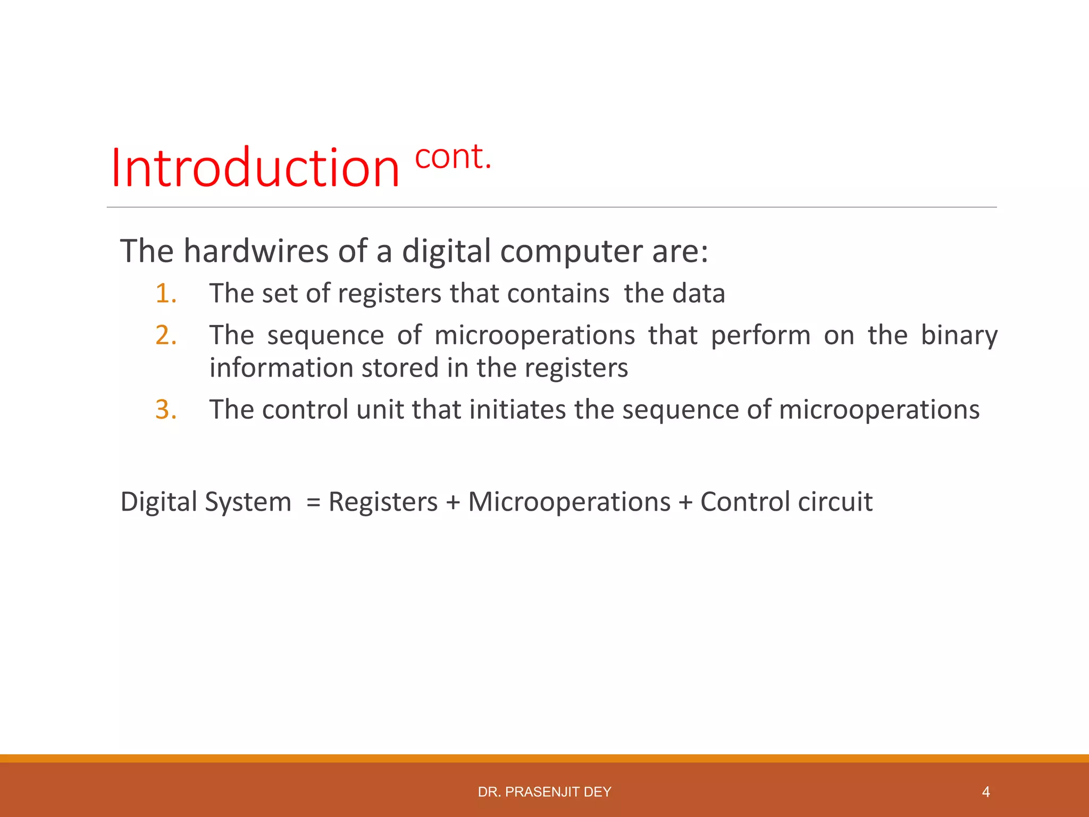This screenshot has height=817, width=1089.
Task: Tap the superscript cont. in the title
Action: tap(453, 157)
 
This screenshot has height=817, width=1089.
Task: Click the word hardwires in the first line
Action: tap(256, 251)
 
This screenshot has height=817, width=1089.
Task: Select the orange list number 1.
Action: tap(166, 294)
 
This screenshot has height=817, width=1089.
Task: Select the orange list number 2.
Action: tap(166, 335)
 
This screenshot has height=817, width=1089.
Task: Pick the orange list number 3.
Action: tap(166, 410)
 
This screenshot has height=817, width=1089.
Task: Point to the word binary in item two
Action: tap(959, 335)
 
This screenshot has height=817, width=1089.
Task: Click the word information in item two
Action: tap(281, 368)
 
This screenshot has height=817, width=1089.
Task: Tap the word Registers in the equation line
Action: tap(383, 502)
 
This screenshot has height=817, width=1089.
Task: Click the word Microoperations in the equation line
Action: tap(569, 502)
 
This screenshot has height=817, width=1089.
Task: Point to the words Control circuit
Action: tap(786, 502)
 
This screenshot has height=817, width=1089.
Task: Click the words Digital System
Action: tap(206, 502)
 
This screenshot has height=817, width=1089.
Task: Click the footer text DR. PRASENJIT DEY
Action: tap(544, 792)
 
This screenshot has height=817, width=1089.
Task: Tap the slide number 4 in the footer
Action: tap(985, 792)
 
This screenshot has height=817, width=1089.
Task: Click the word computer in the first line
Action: tap(572, 252)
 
